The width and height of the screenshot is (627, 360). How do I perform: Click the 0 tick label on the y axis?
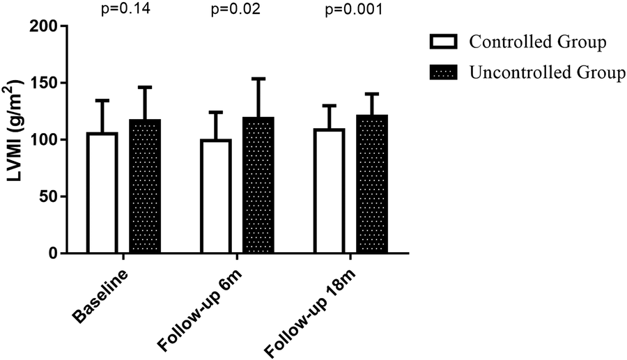click(54, 253)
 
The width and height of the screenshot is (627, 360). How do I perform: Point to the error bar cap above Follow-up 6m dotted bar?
click(258, 79)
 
